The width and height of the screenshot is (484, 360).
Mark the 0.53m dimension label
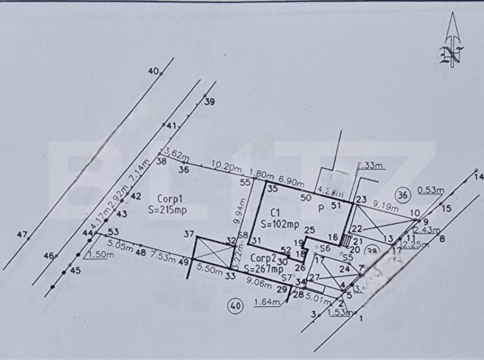click(x=431, y=191)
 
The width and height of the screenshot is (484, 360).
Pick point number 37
click(x=189, y=234)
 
